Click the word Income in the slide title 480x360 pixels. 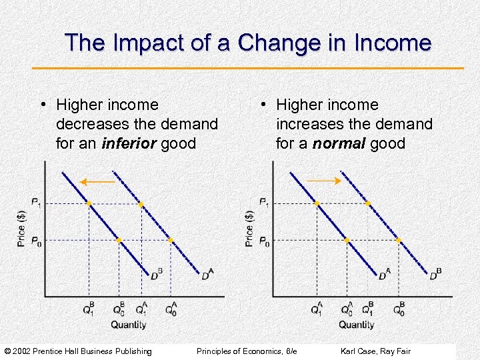click(395, 44)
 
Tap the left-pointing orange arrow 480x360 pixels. click(98, 181)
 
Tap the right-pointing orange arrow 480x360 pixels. click(325, 181)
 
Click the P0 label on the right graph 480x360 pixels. click(264, 241)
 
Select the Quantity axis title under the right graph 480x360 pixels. click(357, 325)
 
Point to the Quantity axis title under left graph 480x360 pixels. click(128, 325)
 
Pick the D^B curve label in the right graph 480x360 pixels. click(435, 274)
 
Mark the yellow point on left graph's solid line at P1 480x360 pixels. click(89, 203)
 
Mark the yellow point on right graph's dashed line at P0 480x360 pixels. click(399, 240)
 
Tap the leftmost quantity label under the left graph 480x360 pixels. click(89, 309)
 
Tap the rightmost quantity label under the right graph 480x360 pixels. click(399, 309)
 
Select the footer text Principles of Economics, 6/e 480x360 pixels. click(247, 351)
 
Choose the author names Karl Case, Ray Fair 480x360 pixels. click(375, 351)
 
